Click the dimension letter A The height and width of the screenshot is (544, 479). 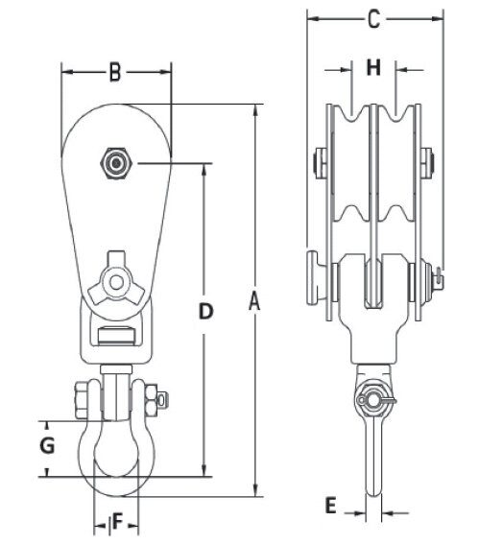coord(254,301)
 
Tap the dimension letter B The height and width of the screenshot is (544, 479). coord(115,72)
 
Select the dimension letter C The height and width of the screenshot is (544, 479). coord(373,19)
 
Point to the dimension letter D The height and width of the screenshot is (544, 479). coord(205,311)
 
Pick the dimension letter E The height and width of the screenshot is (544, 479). coord(331,505)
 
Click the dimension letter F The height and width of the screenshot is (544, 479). coord(118,522)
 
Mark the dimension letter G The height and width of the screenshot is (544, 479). coord(47,445)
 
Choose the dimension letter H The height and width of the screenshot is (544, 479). coord(373,67)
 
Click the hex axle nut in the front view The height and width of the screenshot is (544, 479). coord(116,163)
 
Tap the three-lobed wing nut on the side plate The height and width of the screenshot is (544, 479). coord(116,282)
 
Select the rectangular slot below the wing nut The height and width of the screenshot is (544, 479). coord(116,336)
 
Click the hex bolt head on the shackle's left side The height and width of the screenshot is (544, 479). coord(82,400)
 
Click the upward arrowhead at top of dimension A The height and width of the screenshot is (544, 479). coord(255,110)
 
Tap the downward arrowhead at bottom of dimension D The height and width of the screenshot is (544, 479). coord(204,470)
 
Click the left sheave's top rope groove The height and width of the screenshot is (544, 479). coord(352,114)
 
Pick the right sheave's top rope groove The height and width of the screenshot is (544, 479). coord(395,114)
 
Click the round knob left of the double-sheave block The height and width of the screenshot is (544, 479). coord(317,278)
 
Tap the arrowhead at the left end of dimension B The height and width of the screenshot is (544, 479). coord(67,72)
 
